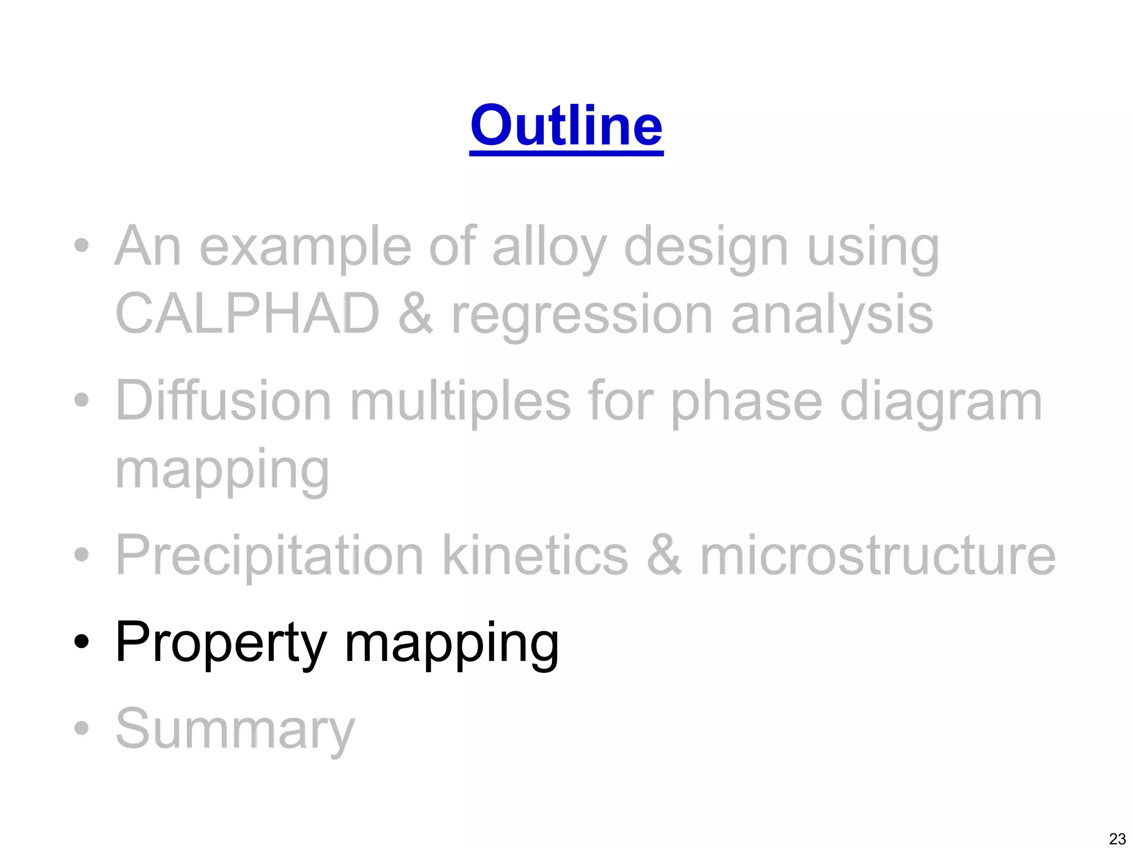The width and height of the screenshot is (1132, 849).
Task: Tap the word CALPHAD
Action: pyautogui.click(x=247, y=313)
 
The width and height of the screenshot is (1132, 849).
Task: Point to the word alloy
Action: pyautogui.click(x=549, y=247)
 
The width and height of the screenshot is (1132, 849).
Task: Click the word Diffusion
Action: pyautogui.click(x=223, y=400)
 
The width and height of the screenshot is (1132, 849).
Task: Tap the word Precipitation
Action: pyautogui.click(x=270, y=555)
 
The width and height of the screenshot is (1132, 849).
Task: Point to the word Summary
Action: pyautogui.click(x=235, y=729)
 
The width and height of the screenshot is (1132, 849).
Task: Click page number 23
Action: pyautogui.click(x=1117, y=838)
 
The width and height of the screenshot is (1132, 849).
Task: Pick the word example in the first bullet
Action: pyautogui.click(x=305, y=247)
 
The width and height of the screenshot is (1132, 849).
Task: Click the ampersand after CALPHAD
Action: pyautogui.click(x=415, y=313)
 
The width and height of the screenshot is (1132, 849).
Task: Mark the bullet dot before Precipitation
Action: pyautogui.click(x=81, y=554)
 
